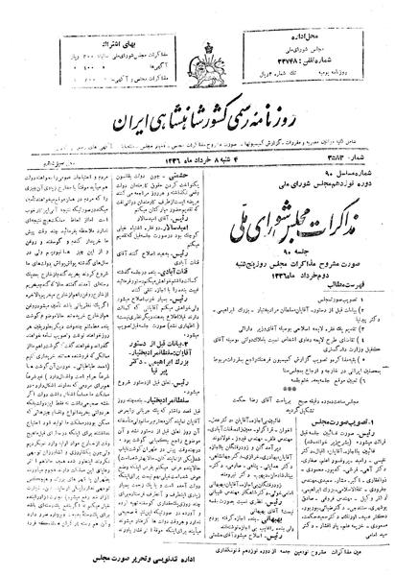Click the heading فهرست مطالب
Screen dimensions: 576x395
(x=314, y=276)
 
